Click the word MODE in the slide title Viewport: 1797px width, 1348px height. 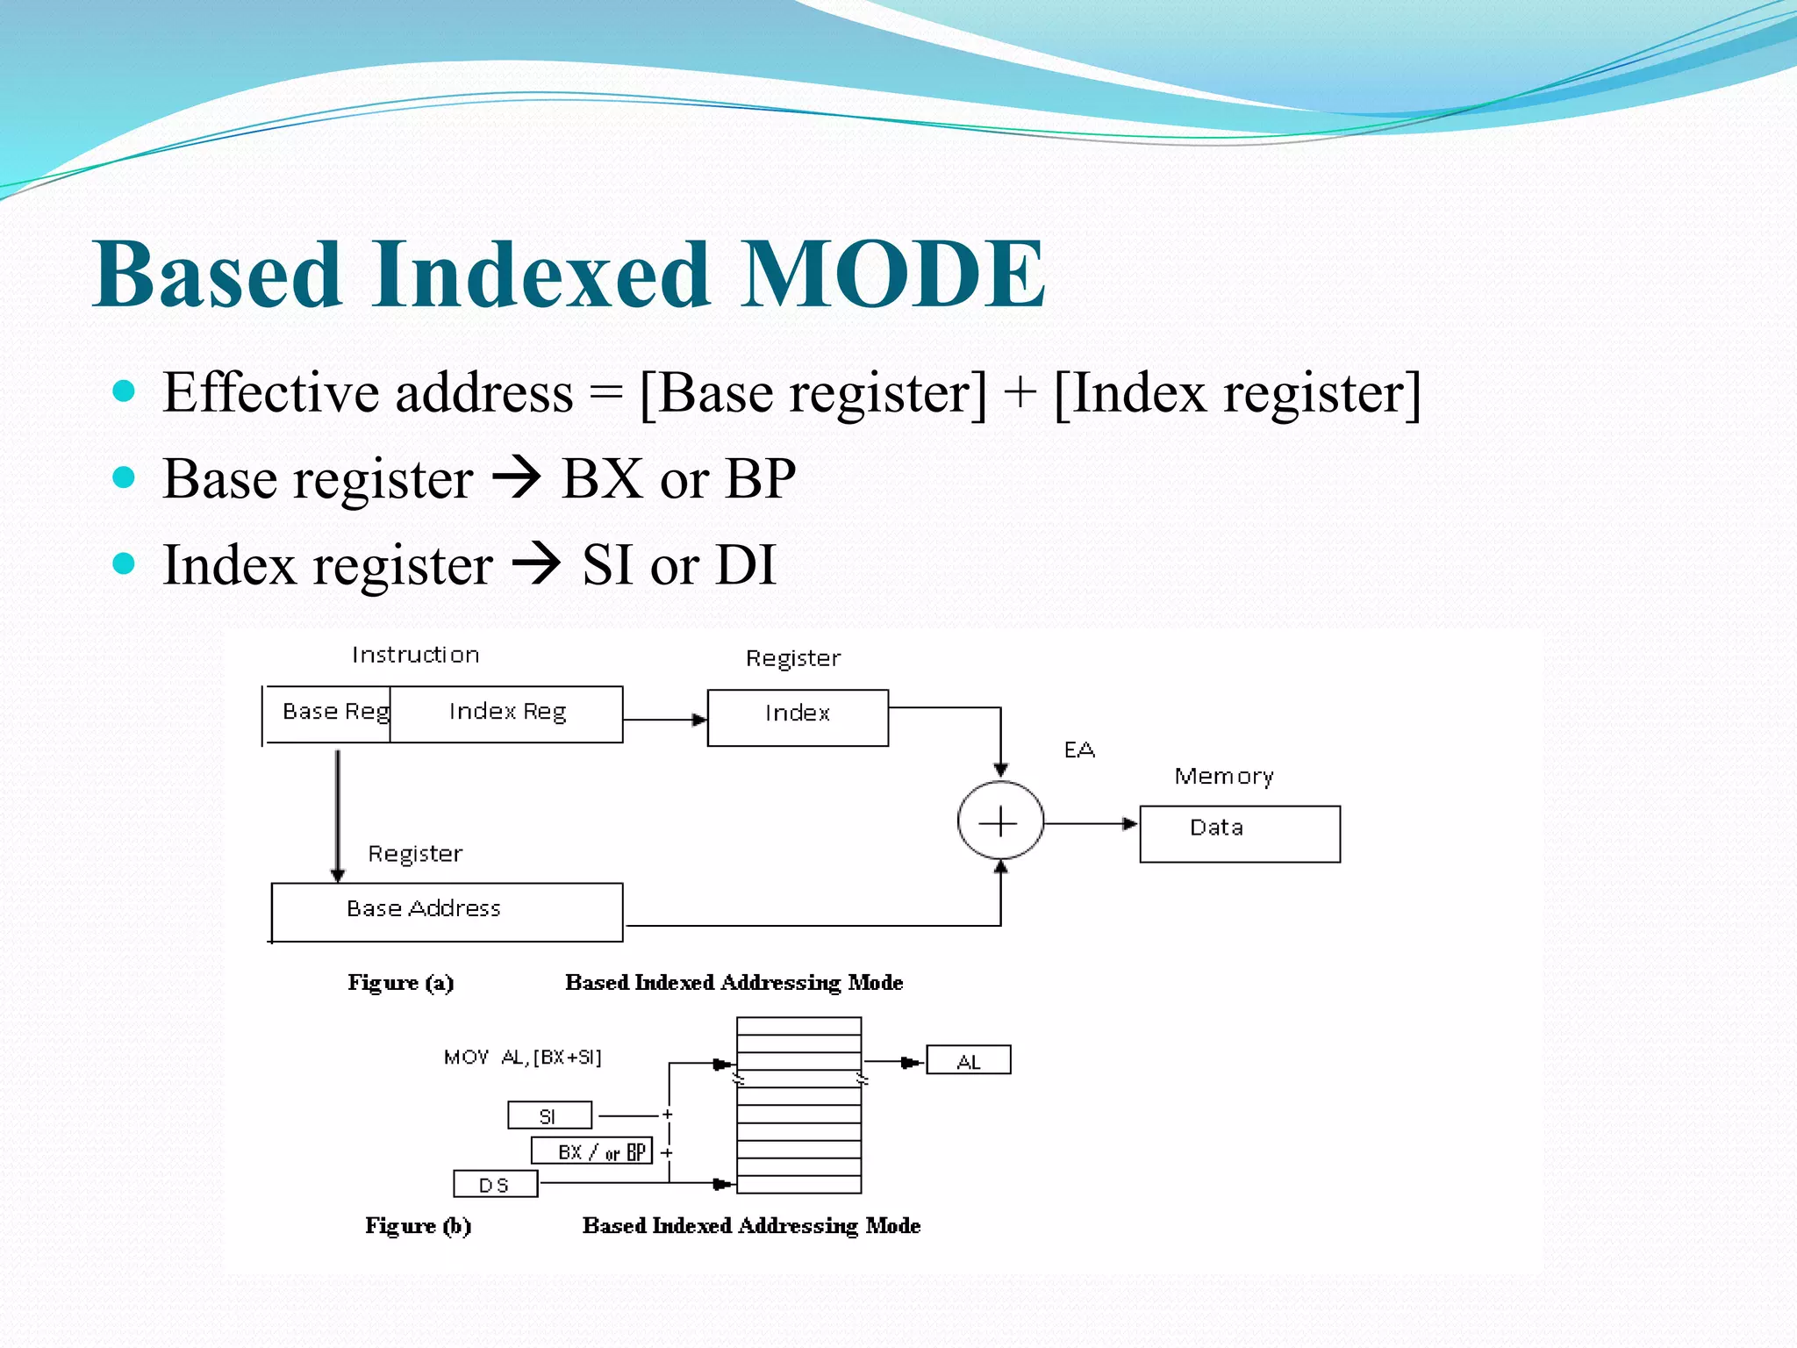(x=892, y=275)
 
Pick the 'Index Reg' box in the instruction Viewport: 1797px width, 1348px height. (x=507, y=713)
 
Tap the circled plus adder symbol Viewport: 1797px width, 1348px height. (x=999, y=822)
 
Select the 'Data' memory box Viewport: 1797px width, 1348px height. (x=1239, y=833)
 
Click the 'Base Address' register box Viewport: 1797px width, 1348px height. (x=447, y=911)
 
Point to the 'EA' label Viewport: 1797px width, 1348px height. (x=1079, y=750)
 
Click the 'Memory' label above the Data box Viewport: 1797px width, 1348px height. (x=1224, y=777)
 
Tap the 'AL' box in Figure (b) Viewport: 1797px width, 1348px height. (x=969, y=1061)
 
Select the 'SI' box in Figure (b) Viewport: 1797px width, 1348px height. (x=549, y=1116)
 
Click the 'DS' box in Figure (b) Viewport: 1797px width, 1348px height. (x=495, y=1185)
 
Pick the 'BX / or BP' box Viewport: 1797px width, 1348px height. (x=592, y=1151)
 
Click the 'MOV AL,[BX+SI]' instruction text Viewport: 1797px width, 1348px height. (x=523, y=1058)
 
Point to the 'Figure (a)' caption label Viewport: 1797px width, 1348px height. (x=401, y=983)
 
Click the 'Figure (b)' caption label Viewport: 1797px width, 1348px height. (x=419, y=1226)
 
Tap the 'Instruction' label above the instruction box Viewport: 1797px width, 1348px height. (x=415, y=656)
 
